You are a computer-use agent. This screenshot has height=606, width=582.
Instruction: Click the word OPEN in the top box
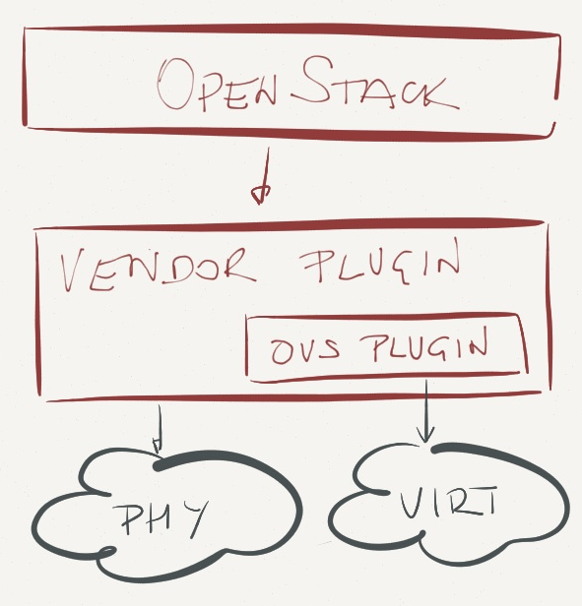tap(218, 86)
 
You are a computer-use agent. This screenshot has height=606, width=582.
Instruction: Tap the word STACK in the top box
tap(374, 83)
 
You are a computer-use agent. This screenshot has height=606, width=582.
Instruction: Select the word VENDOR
tap(158, 269)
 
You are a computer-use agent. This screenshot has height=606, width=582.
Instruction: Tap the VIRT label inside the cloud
tap(449, 502)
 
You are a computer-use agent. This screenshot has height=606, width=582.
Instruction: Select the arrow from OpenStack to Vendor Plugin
tap(264, 176)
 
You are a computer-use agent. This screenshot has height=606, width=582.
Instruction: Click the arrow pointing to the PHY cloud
tap(159, 430)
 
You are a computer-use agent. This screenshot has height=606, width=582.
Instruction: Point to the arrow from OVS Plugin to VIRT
tap(426, 411)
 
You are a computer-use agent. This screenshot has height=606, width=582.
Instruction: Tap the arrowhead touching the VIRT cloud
tap(426, 435)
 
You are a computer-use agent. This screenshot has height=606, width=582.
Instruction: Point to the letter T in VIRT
tap(485, 500)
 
